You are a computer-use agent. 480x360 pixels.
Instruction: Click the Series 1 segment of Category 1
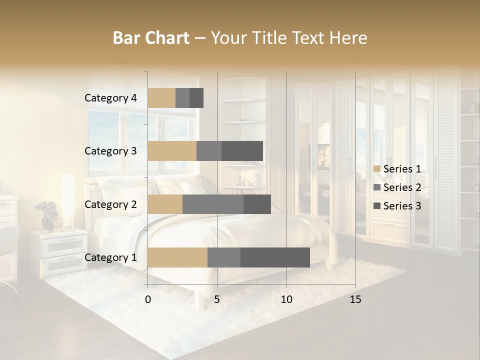coord(177,257)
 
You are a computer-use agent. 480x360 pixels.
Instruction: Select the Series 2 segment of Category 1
coord(224,257)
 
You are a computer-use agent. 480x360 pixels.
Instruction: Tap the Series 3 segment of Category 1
coord(275,257)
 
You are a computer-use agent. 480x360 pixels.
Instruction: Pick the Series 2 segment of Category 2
coord(213,204)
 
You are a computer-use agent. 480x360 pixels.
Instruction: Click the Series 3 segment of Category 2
coord(257,204)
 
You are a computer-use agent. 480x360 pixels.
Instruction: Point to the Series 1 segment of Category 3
coord(172,151)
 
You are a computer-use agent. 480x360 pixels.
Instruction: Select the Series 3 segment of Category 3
coord(242,151)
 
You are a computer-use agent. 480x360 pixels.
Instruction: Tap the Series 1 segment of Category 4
coord(161,98)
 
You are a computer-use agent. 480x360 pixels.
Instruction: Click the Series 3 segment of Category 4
coord(196,98)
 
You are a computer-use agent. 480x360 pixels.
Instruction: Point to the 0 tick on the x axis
coord(148,299)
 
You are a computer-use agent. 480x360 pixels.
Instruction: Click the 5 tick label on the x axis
coord(217,299)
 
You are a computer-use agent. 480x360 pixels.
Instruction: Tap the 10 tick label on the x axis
coord(286,299)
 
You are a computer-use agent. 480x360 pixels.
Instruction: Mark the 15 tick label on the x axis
coord(355,299)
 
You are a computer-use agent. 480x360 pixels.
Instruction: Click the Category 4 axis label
coord(110,98)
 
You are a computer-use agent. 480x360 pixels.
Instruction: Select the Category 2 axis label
coord(110,204)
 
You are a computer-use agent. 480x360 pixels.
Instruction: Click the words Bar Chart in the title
coord(151,38)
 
